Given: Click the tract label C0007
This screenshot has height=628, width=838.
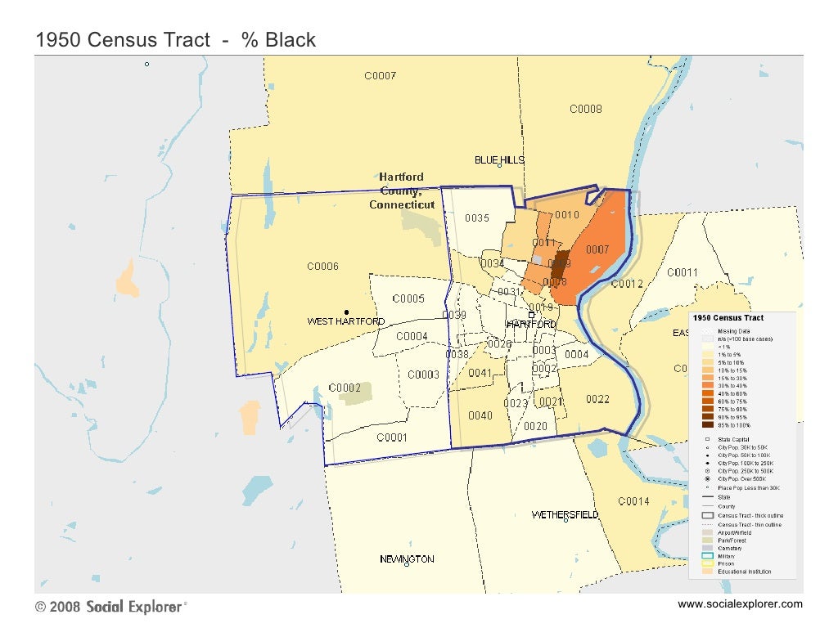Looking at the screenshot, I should pyautogui.click(x=380, y=76).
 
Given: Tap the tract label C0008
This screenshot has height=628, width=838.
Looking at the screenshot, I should pyautogui.click(x=586, y=109).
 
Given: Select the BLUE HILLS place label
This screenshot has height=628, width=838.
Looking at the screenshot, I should pyautogui.click(x=499, y=159).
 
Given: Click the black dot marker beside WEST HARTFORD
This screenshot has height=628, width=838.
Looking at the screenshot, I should pyautogui.click(x=347, y=312).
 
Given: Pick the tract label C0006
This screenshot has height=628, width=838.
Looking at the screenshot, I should pyautogui.click(x=322, y=267).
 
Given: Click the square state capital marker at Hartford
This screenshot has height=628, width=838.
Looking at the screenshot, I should pyautogui.click(x=530, y=315).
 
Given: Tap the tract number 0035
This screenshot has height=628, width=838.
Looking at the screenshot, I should pyautogui.click(x=477, y=218).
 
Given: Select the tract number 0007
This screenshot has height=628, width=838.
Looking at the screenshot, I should pyautogui.click(x=597, y=249).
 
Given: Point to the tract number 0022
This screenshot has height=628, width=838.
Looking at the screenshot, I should pyautogui.click(x=597, y=399).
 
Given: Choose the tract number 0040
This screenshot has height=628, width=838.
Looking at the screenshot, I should pyautogui.click(x=480, y=415).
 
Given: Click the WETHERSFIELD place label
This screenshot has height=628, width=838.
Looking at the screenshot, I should pyautogui.click(x=565, y=515).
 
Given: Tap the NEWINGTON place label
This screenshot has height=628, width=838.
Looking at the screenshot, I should pyautogui.click(x=407, y=559).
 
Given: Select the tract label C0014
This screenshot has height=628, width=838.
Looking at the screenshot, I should pyautogui.click(x=633, y=501).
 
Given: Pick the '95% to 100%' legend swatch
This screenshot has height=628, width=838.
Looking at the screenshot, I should pyautogui.click(x=706, y=425).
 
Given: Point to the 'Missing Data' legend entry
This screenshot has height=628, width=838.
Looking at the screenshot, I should pyautogui.click(x=733, y=330).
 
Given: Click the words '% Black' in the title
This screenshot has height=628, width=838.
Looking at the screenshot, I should pyautogui.click(x=278, y=41).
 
